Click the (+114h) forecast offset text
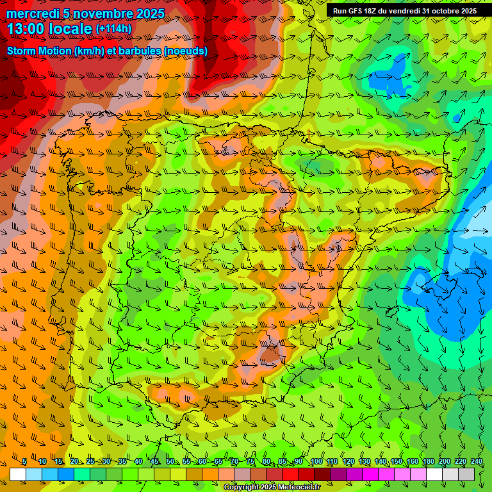(113, 29)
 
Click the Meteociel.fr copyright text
(273, 488)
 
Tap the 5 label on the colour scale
(24, 462)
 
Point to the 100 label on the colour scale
(316, 462)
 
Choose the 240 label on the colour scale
(477, 462)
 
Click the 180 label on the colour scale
(428, 462)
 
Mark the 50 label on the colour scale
(170, 462)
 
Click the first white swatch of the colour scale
(18, 474)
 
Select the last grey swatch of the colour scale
(466, 474)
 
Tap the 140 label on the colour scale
(380, 462)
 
